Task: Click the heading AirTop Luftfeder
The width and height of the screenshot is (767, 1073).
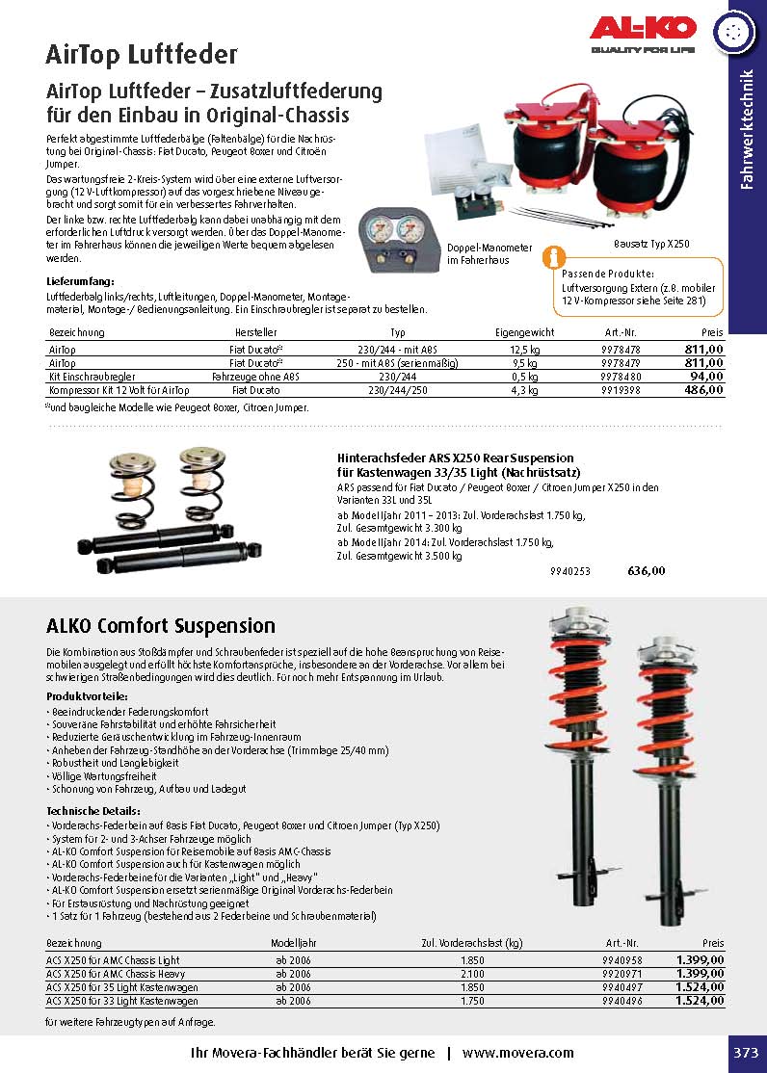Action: pos(142,54)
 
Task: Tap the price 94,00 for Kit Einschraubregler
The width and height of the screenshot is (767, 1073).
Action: pos(702,377)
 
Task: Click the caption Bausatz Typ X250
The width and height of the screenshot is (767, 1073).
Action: pos(651,245)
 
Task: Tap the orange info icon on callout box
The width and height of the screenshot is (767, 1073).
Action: pos(551,257)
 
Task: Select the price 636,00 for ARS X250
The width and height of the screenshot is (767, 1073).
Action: pos(646,571)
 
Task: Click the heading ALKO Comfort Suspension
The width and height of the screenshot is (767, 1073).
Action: pos(161,626)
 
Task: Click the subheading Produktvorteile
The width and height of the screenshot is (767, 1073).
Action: pos(87,695)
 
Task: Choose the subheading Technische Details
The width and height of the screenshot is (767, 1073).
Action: pos(93,811)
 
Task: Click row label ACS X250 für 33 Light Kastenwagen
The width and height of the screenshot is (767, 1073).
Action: pos(121,1001)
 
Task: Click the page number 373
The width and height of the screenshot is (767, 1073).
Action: pos(745,1053)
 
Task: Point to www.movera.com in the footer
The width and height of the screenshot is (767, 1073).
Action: pos(517,1053)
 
